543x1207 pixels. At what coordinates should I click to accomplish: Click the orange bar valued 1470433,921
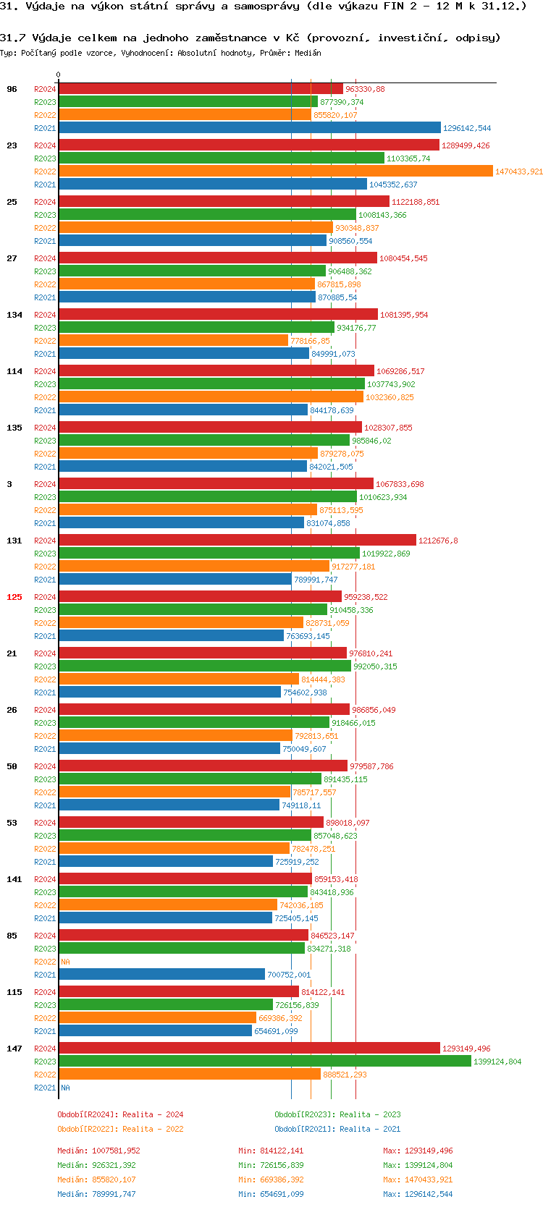275,171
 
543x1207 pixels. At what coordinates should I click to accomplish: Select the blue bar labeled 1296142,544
249,128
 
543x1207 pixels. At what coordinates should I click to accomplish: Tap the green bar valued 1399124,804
264,1062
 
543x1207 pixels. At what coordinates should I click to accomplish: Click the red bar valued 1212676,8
237,541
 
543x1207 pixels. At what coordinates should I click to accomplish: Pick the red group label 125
14,597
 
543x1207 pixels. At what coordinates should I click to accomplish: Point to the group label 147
14,1049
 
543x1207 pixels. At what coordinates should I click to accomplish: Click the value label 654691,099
276,1031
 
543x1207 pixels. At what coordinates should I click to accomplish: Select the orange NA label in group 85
65,962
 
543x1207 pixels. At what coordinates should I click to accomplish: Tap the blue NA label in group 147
65,1088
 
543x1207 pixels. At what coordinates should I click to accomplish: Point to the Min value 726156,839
282,1165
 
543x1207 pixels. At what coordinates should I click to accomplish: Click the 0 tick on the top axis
59,75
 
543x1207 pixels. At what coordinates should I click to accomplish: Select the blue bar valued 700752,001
161,975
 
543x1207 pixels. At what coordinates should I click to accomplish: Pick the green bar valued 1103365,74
221,158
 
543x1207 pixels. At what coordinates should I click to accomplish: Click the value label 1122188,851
416,202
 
